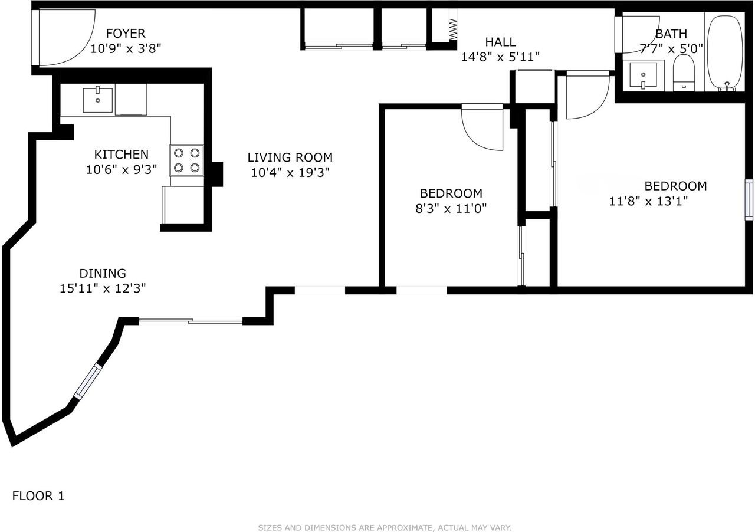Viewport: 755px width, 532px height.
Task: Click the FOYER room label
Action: click(126, 34)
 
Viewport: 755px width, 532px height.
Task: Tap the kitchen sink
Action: click(98, 100)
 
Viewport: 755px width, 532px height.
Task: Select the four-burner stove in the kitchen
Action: click(186, 160)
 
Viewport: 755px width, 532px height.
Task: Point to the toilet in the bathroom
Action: click(684, 73)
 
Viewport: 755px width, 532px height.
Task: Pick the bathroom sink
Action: click(643, 75)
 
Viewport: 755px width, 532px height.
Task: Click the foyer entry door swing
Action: click(67, 37)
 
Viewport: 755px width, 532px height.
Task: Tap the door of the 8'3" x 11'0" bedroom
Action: click(482, 127)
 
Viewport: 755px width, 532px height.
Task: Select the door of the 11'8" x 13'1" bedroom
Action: click(588, 95)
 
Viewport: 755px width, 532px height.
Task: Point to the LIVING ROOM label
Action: click(290, 157)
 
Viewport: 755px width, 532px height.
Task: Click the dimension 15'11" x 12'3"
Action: click(103, 288)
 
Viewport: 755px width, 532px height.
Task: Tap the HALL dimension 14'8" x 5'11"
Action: click(500, 57)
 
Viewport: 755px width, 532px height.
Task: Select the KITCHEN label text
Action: click(122, 155)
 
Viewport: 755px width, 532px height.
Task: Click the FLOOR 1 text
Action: click(38, 496)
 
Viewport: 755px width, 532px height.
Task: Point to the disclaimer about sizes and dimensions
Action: click(385, 528)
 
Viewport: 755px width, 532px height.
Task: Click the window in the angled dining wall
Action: click(88, 382)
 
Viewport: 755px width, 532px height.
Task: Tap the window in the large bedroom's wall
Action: click(749, 199)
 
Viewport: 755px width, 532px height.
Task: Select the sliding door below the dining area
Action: click(191, 321)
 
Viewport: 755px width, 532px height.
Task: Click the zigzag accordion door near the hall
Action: click(453, 29)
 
